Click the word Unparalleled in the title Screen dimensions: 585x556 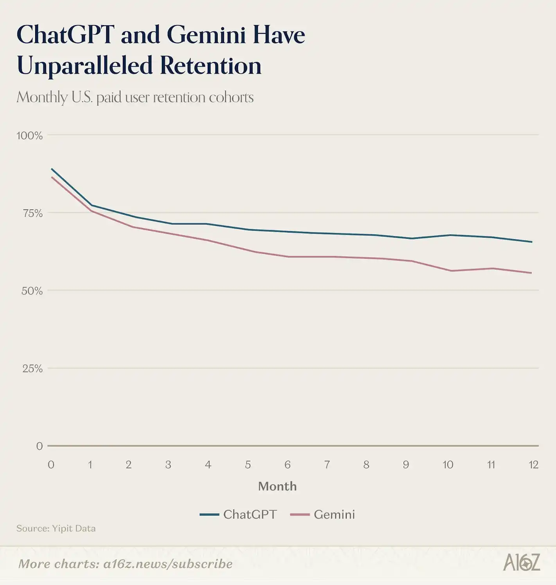pos(84,66)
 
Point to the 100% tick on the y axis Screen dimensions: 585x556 pos(29,136)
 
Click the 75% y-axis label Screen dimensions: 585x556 pos(32,213)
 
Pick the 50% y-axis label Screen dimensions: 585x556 pos(32,291)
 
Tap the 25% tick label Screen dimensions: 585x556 pos(32,368)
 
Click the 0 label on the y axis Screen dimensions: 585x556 pos(39,446)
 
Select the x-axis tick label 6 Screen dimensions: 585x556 pos(287,465)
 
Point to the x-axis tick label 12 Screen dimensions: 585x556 pos(533,465)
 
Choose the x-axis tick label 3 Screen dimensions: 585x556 pos(168,465)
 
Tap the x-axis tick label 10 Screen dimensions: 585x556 pos(448,465)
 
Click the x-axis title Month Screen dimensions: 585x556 pos(277,486)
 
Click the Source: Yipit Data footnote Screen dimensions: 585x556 pos(56,529)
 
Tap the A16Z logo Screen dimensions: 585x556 pos(522,563)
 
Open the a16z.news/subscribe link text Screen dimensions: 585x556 pos(168,564)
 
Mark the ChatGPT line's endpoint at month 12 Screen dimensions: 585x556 pos(531,242)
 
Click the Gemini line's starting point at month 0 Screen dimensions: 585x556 pos(52,177)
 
